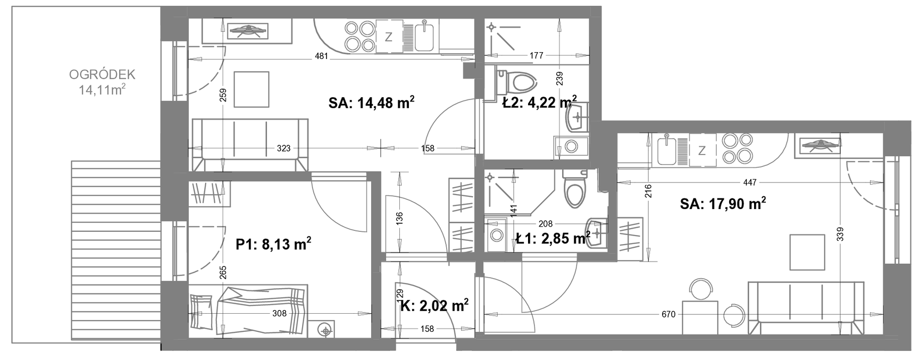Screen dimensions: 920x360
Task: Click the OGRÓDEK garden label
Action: point(103,74)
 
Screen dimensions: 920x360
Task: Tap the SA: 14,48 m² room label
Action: point(372,103)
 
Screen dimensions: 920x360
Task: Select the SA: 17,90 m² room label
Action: point(723,204)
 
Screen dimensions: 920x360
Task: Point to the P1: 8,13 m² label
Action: point(273,244)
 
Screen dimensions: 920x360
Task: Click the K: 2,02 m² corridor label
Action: point(434,305)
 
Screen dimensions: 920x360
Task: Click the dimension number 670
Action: point(668,314)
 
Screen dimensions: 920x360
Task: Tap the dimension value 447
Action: point(749,182)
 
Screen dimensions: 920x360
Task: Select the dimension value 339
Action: point(840,234)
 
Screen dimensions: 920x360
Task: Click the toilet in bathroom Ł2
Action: point(515,83)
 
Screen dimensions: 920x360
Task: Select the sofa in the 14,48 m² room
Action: point(249,145)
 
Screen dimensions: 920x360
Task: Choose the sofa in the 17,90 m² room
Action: point(805,308)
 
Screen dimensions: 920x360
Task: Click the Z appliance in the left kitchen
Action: point(389,36)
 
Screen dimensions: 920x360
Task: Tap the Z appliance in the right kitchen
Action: point(702,150)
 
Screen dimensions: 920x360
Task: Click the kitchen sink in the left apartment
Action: point(425,36)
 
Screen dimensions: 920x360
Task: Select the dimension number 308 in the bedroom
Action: point(280,314)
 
